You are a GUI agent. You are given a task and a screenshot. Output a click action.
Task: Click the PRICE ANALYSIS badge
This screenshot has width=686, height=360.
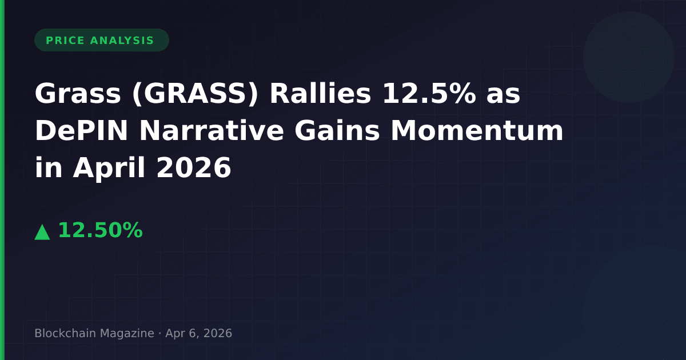(x=102, y=40)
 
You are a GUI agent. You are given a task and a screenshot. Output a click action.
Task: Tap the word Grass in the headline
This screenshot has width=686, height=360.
(x=78, y=93)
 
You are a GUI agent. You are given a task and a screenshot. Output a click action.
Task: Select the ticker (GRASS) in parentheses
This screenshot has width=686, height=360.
(x=196, y=94)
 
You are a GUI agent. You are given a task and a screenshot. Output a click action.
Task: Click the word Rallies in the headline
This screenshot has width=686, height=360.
(x=320, y=93)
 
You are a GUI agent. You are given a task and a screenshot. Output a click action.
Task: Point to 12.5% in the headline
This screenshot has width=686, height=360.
(x=429, y=93)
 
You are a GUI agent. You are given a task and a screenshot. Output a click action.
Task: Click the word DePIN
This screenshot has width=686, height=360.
(x=81, y=131)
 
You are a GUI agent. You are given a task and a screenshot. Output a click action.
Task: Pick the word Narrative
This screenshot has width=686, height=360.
(x=212, y=130)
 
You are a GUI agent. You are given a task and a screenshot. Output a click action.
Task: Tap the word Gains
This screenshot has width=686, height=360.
(x=337, y=130)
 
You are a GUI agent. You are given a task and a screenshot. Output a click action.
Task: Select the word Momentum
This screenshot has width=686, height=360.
(x=477, y=131)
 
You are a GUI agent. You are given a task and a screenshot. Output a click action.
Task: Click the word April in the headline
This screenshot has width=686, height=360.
(x=109, y=168)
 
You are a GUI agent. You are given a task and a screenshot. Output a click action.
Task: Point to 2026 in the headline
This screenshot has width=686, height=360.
(x=194, y=168)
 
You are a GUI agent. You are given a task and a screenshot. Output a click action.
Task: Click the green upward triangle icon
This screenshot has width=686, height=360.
(x=42, y=232)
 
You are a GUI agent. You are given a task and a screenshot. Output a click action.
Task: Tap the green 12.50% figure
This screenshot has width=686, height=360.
(x=101, y=230)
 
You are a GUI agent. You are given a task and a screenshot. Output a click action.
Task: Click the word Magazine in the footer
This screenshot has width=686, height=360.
(x=127, y=333)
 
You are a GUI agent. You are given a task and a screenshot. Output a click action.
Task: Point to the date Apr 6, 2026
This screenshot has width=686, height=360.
(x=199, y=333)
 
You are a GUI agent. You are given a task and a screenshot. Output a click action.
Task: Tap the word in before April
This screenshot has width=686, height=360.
(x=49, y=168)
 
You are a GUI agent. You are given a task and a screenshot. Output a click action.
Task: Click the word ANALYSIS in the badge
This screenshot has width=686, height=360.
(x=122, y=41)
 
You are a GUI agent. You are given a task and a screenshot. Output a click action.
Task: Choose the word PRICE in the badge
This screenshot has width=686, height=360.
(x=65, y=41)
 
